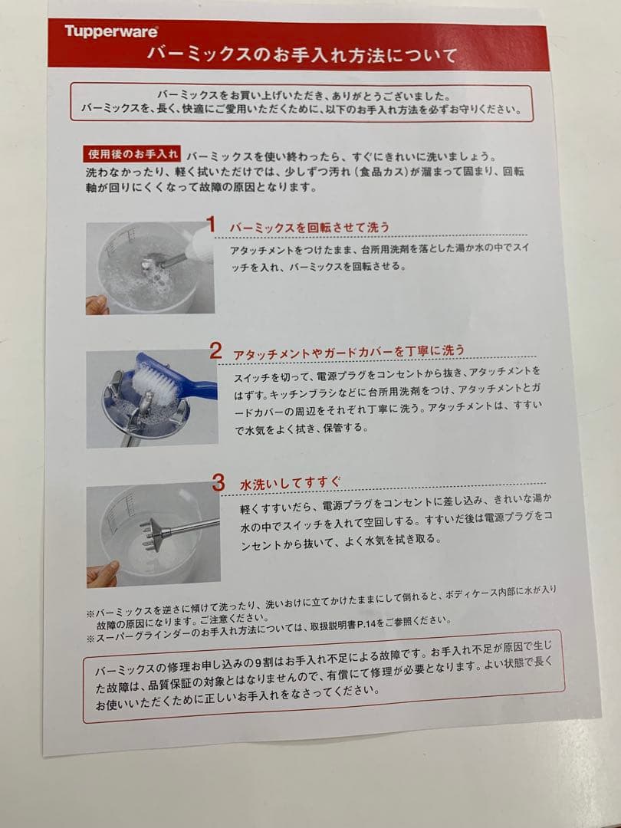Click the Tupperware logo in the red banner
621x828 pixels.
point(111,31)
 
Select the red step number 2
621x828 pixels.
point(216,351)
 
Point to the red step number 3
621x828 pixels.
point(219,483)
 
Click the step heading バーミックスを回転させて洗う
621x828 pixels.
point(310,227)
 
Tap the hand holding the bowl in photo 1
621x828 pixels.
point(97,304)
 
